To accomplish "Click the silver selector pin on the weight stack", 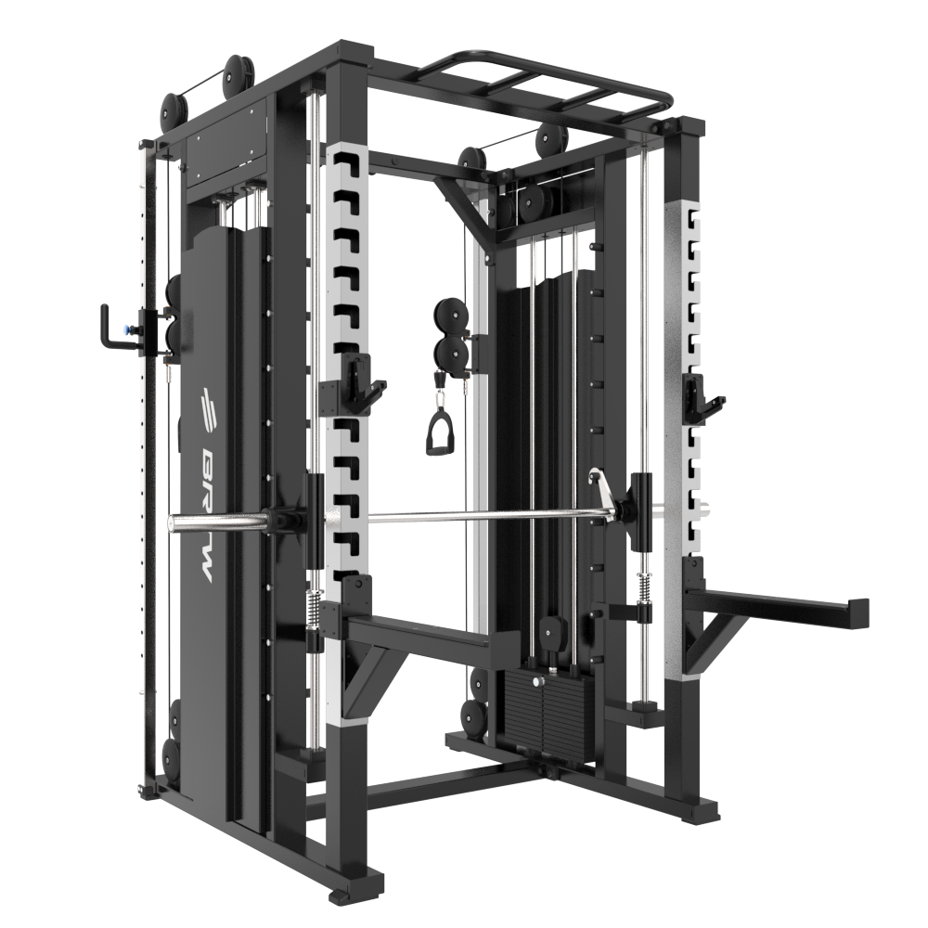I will [x=535, y=682].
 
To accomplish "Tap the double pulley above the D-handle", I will [x=451, y=331].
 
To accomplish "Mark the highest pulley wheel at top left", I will [x=237, y=71].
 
